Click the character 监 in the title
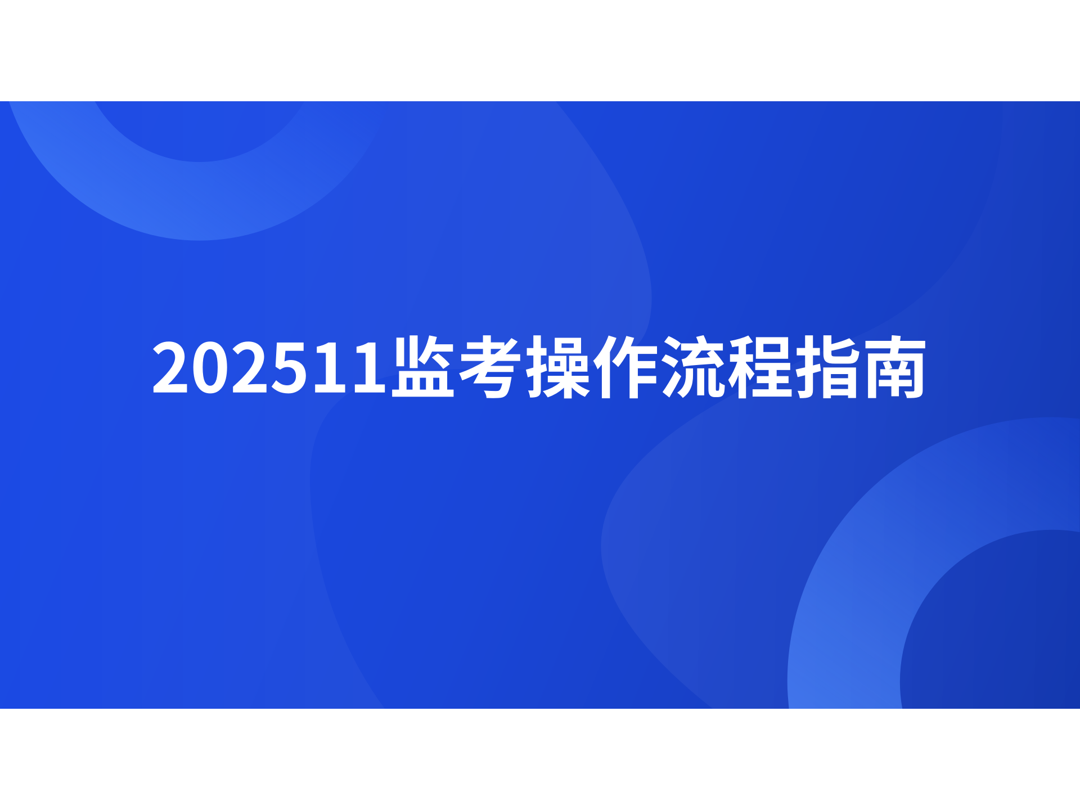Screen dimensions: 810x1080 (423, 367)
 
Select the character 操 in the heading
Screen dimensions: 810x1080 (557, 367)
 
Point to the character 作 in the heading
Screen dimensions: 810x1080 (624, 367)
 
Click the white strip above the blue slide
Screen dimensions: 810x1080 (540, 51)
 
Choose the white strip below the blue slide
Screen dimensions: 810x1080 (540, 759)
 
